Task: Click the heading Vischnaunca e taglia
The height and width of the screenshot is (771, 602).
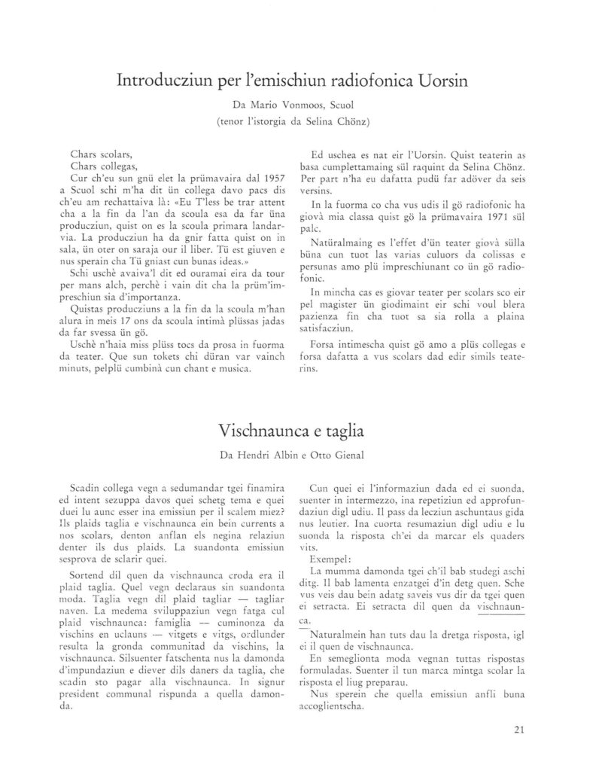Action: pos(291,431)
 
